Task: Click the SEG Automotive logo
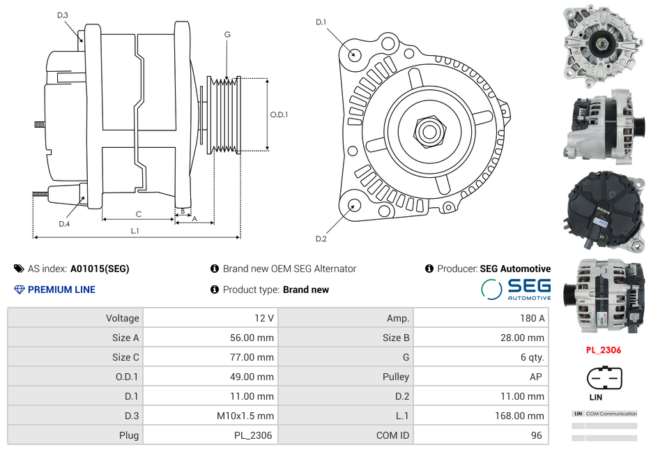click(516, 289)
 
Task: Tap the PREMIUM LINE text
click(61, 289)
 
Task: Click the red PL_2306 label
click(604, 350)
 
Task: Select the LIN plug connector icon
click(604, 380)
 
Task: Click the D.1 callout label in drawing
click(321, 22)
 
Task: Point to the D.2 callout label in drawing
click(321, 239)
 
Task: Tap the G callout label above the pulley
click(227, 35)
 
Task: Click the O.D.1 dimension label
click(279, 115)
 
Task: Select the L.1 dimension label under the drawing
click(135, 230)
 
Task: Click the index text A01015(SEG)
click(100, 269)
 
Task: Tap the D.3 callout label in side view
click(63, 15)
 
